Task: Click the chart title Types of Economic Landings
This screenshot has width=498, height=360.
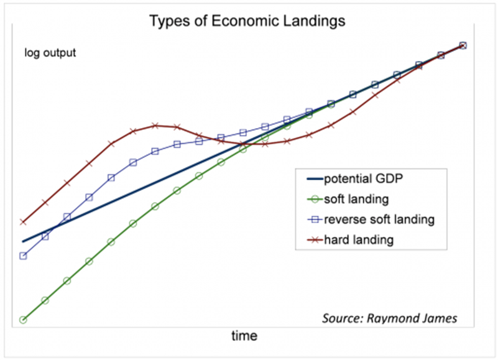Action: coord(247,21)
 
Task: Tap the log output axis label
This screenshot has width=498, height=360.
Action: coord(50,53)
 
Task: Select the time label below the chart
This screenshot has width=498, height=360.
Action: coord(244,336)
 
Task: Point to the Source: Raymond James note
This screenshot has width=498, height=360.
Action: coord(390,318)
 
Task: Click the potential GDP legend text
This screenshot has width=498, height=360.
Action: coord(364,180)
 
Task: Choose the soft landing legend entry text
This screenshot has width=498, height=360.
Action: coord(356,200)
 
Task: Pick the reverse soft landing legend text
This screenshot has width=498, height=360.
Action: coord(379,219)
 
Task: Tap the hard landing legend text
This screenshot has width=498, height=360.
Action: coord(358,239)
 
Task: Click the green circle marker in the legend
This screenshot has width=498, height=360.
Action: coord(315,200)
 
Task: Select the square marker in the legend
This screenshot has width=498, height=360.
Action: coord(315,219)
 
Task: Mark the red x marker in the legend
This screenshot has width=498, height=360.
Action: coord(315,239)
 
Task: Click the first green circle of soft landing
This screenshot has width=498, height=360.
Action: coord(23,320)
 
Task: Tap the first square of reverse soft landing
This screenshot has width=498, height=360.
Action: coord(23,256)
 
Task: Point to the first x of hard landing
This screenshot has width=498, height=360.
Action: coord(23,221)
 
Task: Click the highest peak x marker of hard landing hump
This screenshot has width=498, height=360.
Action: coord(155,126)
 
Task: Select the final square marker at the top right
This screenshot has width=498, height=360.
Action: coord(463,45)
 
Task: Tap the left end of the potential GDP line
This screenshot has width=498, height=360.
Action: coord(24,241)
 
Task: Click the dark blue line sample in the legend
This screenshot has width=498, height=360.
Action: coord(315,180)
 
